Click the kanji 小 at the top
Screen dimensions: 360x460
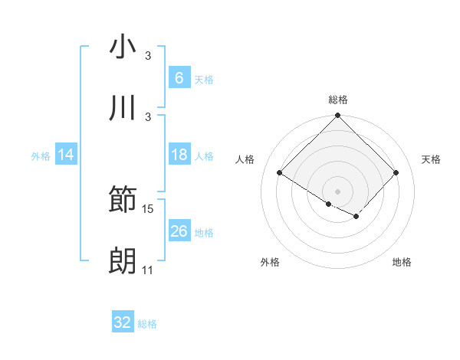(x=123, y=47)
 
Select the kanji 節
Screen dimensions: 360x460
(x=123, y=201)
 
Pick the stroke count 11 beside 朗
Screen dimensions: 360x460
(x=148, y=270)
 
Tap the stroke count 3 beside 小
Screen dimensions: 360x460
(x=148, y=56)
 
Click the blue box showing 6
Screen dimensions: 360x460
(x=179, y=78)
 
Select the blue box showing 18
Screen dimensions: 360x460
(x=179, y=155)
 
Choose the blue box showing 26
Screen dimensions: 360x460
(x=179, y=231)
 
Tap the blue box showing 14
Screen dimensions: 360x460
(x=66, y=155)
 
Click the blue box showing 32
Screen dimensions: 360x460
(x=123, y=322)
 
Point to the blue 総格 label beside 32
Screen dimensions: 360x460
(x=147, y=324)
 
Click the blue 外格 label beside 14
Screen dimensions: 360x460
(x=41, y=155)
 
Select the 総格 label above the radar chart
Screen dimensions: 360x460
(x=338, y=100)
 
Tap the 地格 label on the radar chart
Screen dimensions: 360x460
(x=402, y=262)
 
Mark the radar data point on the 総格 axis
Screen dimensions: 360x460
(x=338, y=116)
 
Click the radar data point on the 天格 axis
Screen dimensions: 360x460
(x=396, y=173)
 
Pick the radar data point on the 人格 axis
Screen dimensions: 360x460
(x=280, y=173)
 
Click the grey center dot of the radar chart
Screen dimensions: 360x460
(x=338, y=191)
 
